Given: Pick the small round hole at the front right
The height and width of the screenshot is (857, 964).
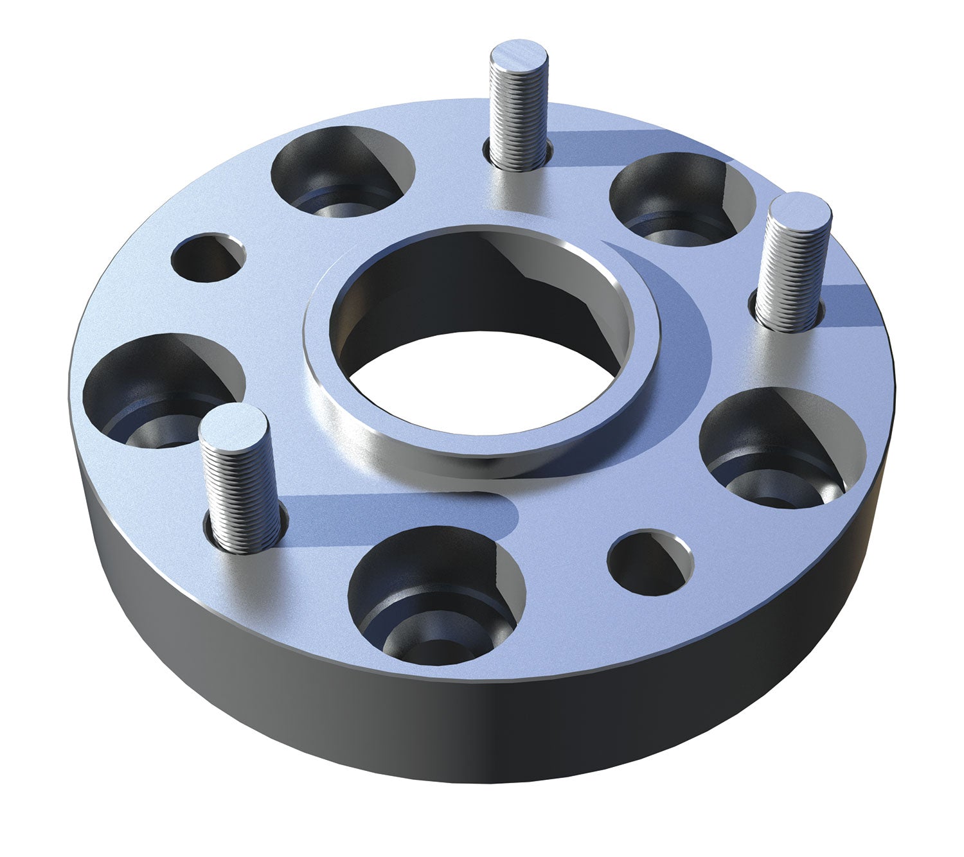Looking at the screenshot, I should [650, 563].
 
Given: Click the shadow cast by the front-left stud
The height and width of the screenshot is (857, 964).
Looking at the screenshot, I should [398, 514].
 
